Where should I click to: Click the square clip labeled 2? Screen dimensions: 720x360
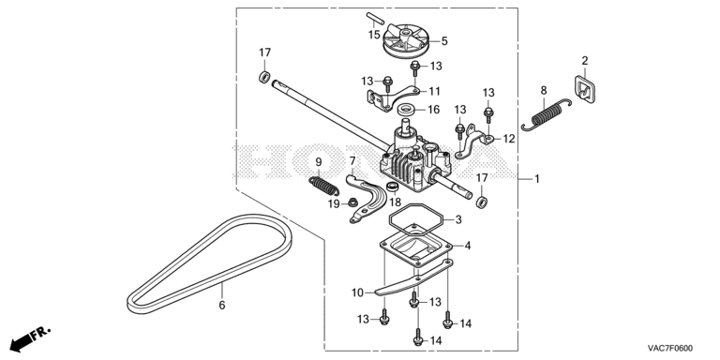(584, 90)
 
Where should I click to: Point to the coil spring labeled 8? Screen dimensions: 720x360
(547, 114)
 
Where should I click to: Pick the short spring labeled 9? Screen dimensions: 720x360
(323, 185)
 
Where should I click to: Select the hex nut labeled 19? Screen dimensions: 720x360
(352, 202)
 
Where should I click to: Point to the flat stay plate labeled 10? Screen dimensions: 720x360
(413, 278)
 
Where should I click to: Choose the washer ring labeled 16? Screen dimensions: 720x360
(406, 110)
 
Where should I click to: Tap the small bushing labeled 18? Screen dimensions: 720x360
(393, 187)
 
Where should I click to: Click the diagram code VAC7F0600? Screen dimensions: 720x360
(670, 348)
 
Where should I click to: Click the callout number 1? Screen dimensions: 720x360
(536, 179)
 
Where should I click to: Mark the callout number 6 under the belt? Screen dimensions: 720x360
(222, 305)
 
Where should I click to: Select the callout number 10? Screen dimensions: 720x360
(358, 292)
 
